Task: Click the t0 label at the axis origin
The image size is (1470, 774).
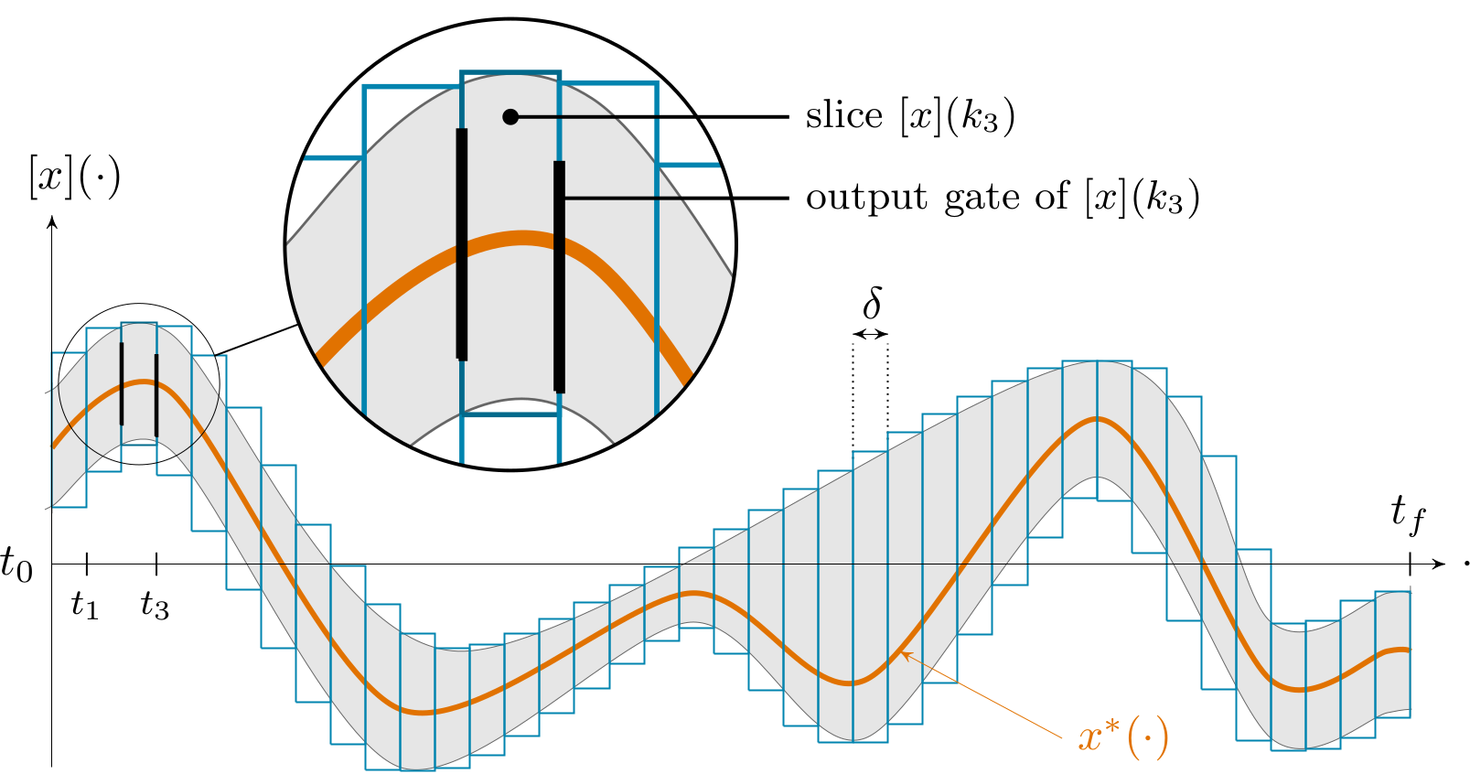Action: tap(16, 564)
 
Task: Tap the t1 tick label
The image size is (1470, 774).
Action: tap(85, 604)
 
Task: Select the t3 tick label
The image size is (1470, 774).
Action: tap(156, 604)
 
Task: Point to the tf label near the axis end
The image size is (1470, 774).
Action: tap(1408, 512)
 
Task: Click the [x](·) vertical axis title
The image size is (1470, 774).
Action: tap(74, 176)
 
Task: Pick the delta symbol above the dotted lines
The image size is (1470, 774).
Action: tap(873, 303)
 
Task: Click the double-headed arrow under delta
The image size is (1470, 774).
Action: tap(870, 334)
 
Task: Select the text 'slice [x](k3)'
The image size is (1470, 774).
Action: tap(910, 116)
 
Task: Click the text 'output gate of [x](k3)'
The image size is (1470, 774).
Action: tap(1003, 198)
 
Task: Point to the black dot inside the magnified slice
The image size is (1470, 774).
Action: tap(511, 116)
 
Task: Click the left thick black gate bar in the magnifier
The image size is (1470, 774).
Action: tap(462, 244)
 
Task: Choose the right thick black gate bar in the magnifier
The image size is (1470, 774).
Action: tap(559, 276)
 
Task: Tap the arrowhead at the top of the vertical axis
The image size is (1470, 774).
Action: tap(52, 221)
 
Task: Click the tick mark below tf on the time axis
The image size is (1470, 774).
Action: tap(1410, 564)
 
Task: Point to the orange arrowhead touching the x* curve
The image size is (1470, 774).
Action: tap(905, 653)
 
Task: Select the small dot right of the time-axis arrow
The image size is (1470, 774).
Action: tap(1465, 564)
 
